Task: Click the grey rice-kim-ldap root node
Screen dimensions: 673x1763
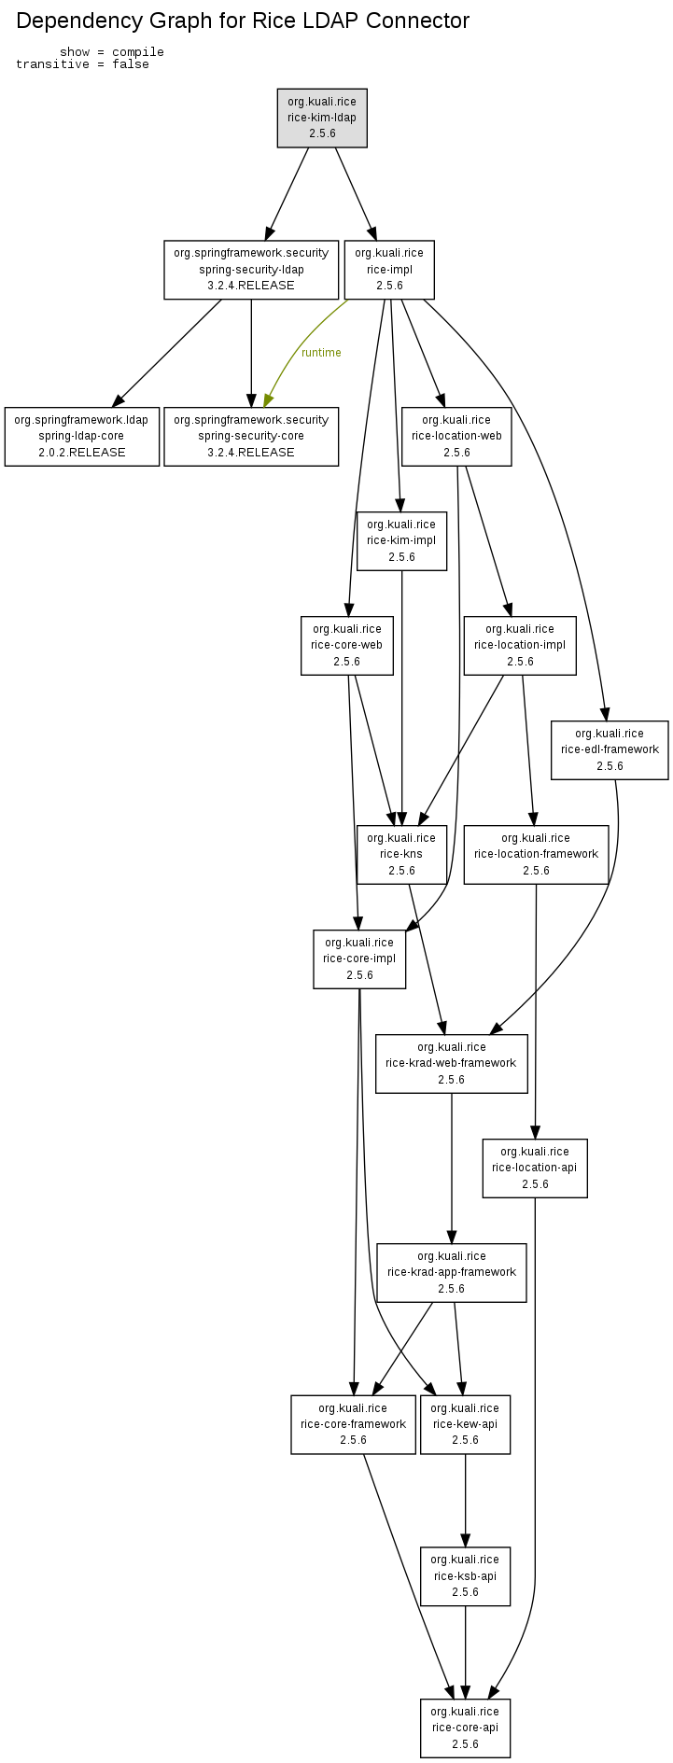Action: [x=322, y=118]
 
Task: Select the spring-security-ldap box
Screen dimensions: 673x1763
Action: [x=251, y=270]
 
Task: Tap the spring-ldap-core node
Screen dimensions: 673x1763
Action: [x=82, y=436]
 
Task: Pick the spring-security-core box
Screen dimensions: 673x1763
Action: [x=251, y=436]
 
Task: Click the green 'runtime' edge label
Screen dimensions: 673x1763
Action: [x=321, y=353]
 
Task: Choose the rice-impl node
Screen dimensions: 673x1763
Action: [x=389, y=270]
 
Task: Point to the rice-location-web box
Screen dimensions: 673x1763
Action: [x=456, y=436]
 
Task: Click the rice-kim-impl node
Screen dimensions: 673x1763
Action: [x=401, y=540]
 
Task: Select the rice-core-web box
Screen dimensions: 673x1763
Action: [x=346, y=645]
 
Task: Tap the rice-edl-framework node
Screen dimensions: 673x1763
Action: [x=610, y=749]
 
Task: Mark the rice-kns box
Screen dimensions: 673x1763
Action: [x=401, y=854]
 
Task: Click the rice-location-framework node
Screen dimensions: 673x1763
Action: [x=536, y=854]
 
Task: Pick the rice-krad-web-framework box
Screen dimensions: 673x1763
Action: [x=451, y=1063]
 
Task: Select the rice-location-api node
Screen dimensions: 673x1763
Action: [x=535, y=1168]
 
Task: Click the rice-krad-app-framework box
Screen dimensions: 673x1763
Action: [x=451, y=1272]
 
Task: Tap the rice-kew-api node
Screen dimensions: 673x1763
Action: [x=465, y=1424]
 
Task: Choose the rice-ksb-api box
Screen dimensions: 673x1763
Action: [x=465, y=1576]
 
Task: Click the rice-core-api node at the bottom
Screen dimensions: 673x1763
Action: [x=465, y=1728]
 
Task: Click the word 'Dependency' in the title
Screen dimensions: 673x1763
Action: [x=74, y=21]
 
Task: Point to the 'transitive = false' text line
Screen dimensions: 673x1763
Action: [x=82, y=64]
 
